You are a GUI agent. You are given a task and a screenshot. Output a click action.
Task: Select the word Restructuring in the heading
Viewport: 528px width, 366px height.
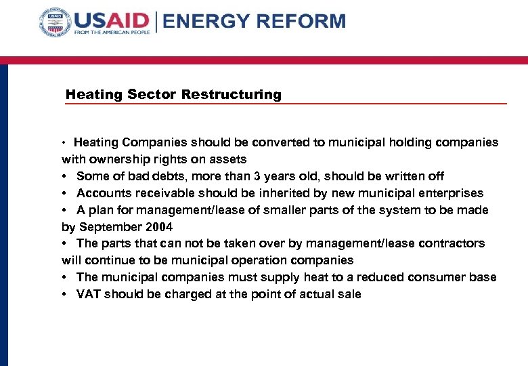click(231, 94)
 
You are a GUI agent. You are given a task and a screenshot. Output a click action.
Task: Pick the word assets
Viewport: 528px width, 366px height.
click(228, 159)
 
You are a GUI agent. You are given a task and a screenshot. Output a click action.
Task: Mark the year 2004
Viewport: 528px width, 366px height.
click(157, 227)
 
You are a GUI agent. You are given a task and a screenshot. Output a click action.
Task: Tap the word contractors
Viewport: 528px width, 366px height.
click(452, 243)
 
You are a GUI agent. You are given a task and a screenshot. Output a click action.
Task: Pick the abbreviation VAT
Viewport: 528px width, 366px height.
click(89, 294)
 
